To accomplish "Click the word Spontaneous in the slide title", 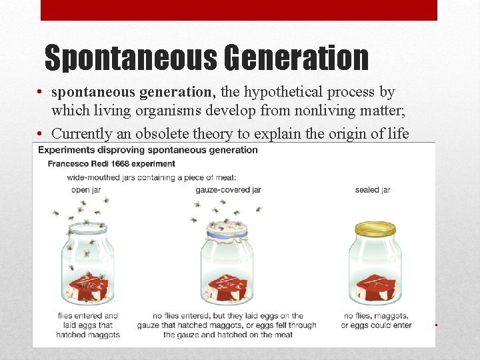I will coord(130,58).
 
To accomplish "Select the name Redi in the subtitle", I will coord(99,163).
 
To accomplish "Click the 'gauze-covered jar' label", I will coord(228,189).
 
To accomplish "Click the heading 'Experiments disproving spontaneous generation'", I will coord(147,149).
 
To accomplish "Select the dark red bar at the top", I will coord(239,10).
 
